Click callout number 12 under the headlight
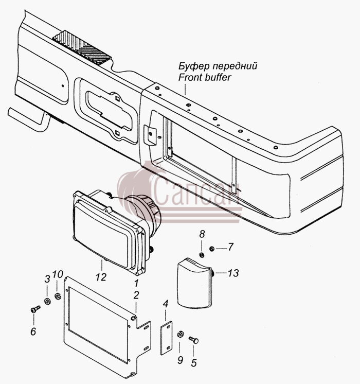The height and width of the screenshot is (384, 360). pyautogui.click(x=101, y=277)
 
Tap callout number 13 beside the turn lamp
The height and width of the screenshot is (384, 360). pyautogui.click(x=233, y=273)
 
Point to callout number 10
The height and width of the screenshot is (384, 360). pyautogui.click(x=58, y=274)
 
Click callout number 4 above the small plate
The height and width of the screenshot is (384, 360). pyautogui.click(x=166, y=304)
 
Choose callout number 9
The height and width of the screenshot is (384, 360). pyautogui.click(x=180, y=360)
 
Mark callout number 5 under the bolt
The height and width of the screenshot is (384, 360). pyautogui.click(x=194, y=363)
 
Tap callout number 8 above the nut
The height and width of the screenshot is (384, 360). pyautogui.click(x=202, y=234)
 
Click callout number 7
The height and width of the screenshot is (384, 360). pyautogui.click(x=230, y=247)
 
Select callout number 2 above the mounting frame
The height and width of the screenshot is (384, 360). pyautogui.click(x=136, y=295)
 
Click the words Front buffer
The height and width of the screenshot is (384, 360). pyautogui.click(x=205, y=77)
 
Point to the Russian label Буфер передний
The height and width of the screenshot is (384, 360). pyautogui.click(x=218, y=66)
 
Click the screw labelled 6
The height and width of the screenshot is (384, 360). pyautogui.click(x=35, y=309)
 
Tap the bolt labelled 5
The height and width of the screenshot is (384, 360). pyautogui.click(x=193, y=340)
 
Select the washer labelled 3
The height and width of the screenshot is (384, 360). pyautogui.click(x=47, y=301)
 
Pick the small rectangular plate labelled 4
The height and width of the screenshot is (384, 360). pyautogui.click(x=167, y=338)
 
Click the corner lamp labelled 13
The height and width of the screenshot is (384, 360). pyautogui.click(x=194, y=283)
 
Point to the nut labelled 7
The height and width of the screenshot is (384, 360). pyautogui.click(x=212, y=249)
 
